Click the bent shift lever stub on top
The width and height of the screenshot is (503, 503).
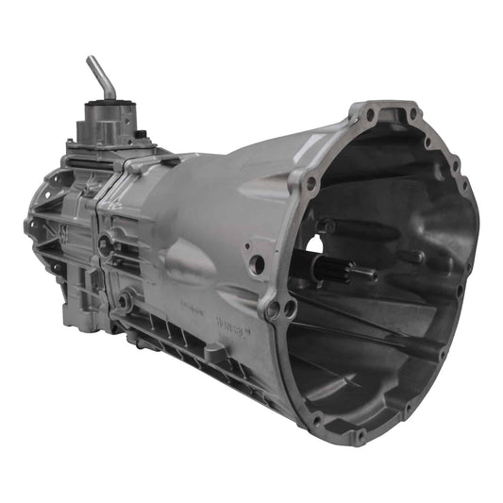pyautogui.click(x=99, y=75)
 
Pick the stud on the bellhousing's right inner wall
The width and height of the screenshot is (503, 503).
pyautogui.click(x=412, y=257)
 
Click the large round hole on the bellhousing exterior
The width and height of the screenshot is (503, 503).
pyautogui.click(x=258, y=265)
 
